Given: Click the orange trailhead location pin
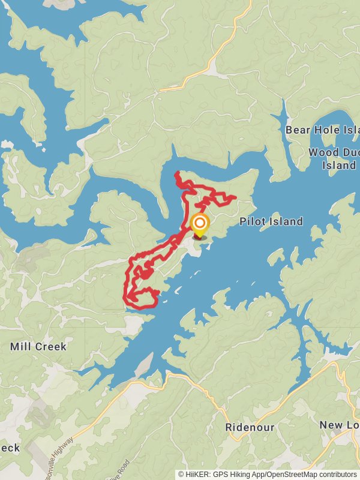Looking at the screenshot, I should click(x=199, y=226).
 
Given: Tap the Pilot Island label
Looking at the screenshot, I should click(x=271, y=221).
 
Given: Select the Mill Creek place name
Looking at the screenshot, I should click(x=38, y=347).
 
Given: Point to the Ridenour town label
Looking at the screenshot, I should click(x=250, y=428).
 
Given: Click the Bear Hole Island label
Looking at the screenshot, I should click(x=322, y=130).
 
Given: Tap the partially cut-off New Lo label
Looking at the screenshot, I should click(x=340, y=425).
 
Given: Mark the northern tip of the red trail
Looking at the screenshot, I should click(x=176, y=174).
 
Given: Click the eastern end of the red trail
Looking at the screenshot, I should click(x=235, y=197).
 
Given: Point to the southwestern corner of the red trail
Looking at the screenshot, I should click(x=126, y=298).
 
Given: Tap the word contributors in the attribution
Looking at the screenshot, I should click(x=337, y=475).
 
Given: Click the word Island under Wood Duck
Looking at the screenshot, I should click(x=339, y=165).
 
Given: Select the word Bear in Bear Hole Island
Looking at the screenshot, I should click(x=297, y=130).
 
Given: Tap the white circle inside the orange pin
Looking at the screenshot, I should click(x=199, y=224).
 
